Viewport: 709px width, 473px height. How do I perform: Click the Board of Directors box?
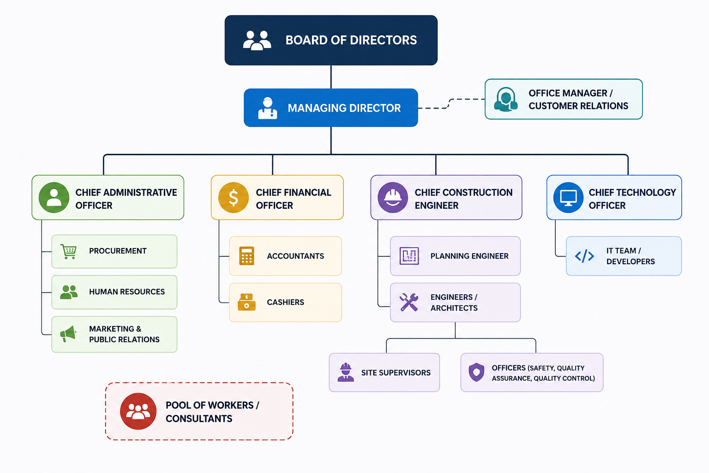click(331, 40)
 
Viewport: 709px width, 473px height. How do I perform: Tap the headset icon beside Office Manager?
click(506, 99)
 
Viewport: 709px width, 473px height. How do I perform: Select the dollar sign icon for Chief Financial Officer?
click(234, 198)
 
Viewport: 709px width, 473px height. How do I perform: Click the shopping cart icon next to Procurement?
click(68, 252)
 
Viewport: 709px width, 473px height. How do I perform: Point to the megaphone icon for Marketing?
click(68, 334)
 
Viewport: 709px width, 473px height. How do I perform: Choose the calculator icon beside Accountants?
click(246, 255)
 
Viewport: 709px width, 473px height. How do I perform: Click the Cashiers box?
click(286, 302)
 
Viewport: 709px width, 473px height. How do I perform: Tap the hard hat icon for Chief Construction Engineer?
click(393, 198)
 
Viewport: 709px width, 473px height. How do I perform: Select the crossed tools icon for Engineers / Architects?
click(409, 302)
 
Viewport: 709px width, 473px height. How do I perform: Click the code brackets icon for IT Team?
click(584, 256)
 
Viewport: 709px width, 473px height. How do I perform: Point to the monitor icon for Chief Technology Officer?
click(569, 198)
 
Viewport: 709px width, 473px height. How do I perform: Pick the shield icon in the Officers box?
click(476, 372)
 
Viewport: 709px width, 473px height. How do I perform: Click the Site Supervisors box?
click(384, 372)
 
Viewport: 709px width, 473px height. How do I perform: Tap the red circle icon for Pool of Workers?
click(138, 411)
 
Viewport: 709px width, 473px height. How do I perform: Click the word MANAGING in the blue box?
click(314, 108)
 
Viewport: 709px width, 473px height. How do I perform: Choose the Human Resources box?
click(114, 292)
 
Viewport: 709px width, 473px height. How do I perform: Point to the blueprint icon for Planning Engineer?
click(409, 255)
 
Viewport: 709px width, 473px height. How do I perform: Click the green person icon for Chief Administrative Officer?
click(54, 198)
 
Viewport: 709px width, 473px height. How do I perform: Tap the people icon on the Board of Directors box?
click(257, 40)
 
